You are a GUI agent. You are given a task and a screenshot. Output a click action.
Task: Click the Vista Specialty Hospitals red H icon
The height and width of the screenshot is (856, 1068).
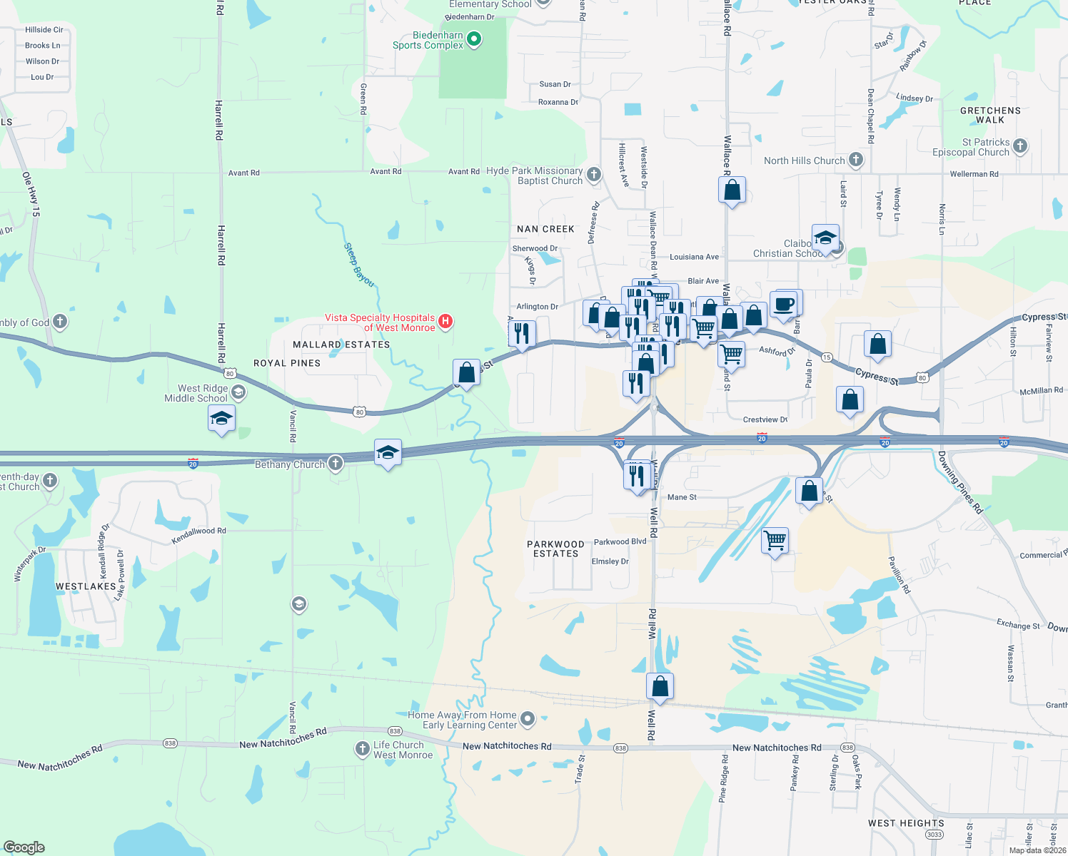[445, 322]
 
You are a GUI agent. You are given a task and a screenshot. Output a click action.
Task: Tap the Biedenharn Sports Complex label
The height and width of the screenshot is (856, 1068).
[428, 40]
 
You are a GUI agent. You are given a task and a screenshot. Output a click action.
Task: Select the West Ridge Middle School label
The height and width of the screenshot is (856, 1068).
[196, 393]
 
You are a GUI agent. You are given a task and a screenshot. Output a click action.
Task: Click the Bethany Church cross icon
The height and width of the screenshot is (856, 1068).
[336, 464]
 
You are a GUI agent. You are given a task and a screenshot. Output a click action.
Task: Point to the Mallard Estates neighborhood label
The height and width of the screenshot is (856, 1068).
[341, 345]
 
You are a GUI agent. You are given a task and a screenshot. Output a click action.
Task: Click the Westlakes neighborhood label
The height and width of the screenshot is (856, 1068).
[86, 586]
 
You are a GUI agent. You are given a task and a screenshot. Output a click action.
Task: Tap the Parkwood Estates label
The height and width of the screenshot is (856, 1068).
[555, 549]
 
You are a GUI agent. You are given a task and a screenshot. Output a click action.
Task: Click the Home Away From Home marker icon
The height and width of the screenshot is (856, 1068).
[528, 719]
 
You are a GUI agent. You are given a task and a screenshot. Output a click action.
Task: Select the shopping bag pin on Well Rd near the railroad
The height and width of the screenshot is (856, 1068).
[660, 686]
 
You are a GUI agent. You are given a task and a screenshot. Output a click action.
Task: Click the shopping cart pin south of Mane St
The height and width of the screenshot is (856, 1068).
[775, 541]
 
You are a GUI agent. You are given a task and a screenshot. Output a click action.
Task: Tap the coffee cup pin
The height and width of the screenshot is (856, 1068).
[784, 303]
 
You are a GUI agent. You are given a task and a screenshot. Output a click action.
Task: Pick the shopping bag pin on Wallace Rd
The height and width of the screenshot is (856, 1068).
[732, 190]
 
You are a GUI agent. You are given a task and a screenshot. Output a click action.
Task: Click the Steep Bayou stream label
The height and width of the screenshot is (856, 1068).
[359, 265]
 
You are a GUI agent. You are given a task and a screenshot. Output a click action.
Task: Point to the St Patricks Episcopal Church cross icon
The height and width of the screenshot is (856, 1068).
[1020, 146]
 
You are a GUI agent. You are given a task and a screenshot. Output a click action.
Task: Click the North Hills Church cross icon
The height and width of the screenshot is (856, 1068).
[856, 160]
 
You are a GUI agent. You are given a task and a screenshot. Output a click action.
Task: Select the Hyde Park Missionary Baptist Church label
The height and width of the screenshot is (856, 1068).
[535, 175]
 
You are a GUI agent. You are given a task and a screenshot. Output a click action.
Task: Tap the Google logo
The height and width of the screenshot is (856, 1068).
[24, 847]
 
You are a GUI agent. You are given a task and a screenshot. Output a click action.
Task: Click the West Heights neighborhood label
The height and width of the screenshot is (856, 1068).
[906, 823]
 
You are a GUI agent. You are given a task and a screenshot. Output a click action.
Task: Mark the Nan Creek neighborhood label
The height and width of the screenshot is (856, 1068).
[545, 229]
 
